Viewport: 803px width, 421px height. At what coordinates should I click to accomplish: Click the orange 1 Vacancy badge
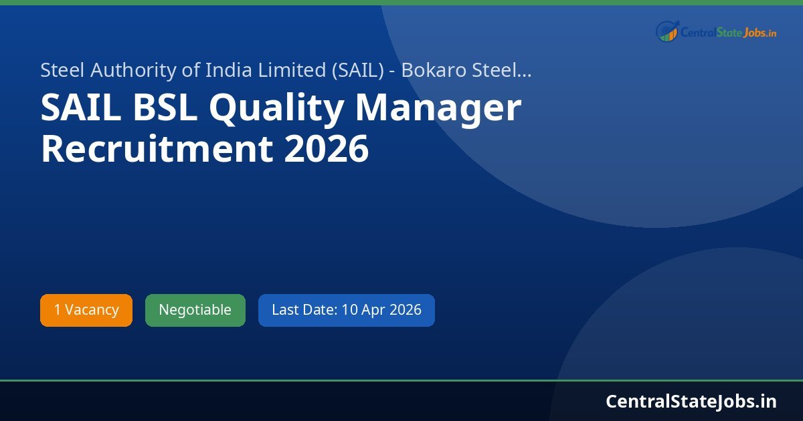click(x=86, y=310)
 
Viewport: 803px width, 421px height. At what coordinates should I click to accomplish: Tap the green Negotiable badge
click(x=195, y=310)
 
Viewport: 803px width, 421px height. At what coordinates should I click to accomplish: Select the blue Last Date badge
click(x=346, y=310)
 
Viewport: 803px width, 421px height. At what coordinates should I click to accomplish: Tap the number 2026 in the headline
click(x=326, y=148)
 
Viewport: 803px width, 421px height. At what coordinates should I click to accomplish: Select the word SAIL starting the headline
click(x=81, y=109)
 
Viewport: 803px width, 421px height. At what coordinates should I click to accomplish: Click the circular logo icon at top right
click(x=667, y=31)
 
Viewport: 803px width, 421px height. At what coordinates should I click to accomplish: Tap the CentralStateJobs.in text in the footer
click(x=691, y=401)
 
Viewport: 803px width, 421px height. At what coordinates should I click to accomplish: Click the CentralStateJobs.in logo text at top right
click(x=728, y=32)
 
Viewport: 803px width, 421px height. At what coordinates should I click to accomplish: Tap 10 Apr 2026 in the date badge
click(x=381, y=310)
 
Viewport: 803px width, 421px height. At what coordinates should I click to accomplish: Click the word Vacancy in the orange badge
click(x=92, y=310)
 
